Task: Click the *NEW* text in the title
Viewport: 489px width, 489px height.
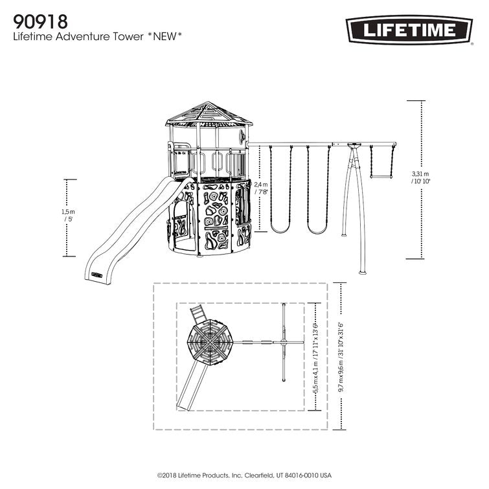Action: point(160,37)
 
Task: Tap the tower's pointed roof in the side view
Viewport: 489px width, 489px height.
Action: point(209,114)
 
